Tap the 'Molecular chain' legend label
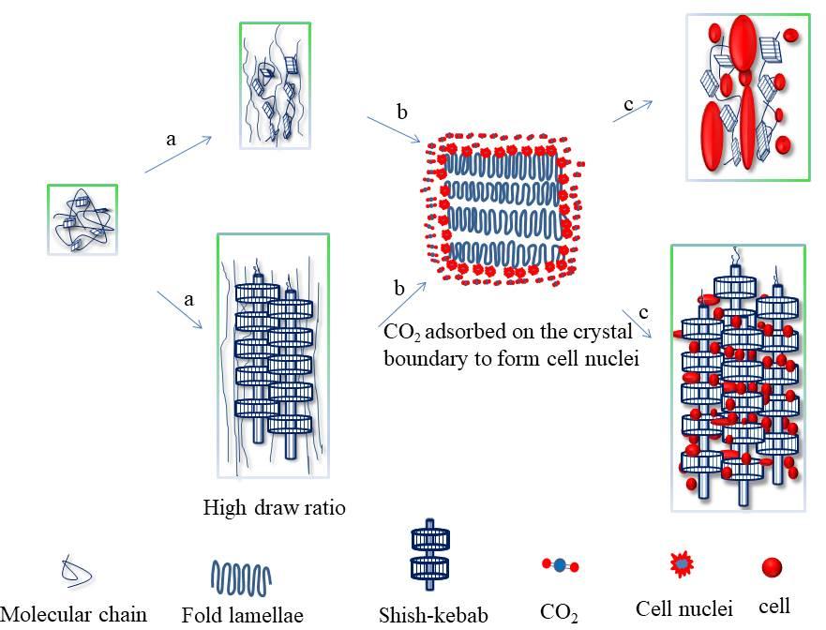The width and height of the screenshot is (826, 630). [74, 614]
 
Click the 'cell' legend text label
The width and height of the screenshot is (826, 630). [774, 606]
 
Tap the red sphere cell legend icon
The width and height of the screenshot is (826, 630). [771, 567]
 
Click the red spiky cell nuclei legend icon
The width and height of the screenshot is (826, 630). [682, 563]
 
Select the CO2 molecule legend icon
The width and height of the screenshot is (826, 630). [560, 565]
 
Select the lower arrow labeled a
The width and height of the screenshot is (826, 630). [181, 309]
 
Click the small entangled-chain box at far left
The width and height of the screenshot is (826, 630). [83, 219]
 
